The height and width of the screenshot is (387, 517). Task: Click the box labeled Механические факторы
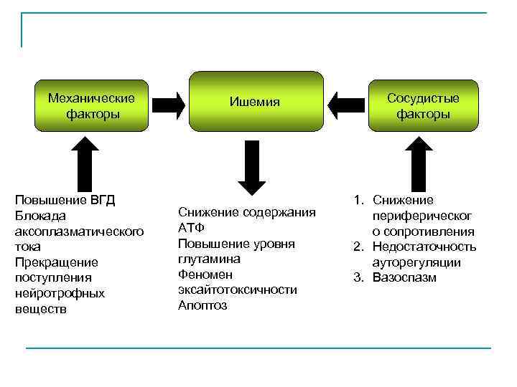(92, 105)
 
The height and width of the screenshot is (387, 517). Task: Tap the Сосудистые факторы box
(423, 105)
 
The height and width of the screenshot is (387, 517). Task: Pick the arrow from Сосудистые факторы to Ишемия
(345, 105)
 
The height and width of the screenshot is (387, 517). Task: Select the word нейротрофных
(60, 293)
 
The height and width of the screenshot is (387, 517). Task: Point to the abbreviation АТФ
(191, 228)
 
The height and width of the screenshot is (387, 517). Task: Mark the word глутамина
(209, 259)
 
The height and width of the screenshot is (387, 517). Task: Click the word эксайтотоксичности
(238, 290)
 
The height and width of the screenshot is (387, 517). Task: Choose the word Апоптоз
(202, 305)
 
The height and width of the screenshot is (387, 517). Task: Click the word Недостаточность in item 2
(424, 247)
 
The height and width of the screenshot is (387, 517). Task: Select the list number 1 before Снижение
(357, 200)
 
